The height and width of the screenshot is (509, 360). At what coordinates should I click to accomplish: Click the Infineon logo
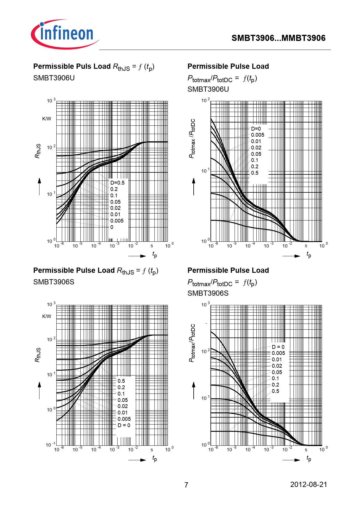(65, 34)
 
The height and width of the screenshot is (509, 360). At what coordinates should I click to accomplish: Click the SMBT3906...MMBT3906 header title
(278, 38)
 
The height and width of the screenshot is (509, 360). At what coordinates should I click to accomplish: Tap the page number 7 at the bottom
(186, 485)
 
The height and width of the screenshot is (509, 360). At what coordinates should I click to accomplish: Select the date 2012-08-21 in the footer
(309, 484)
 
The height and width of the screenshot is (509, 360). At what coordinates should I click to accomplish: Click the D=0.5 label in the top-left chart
(117, 183)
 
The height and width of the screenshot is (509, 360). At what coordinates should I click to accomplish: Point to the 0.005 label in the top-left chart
(117, 221)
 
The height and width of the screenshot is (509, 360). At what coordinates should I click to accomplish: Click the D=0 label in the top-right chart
(256, 129)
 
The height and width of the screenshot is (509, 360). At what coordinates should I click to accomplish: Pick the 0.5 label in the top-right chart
(255, 173)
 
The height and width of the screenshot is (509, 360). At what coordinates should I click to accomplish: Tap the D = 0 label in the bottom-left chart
(124, 425)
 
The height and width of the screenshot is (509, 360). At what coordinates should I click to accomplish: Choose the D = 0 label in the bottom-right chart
(278, 347)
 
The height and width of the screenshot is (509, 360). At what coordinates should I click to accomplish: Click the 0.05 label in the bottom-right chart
(277, 372)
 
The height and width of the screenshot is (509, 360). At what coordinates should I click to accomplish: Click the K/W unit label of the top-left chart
(46, 119)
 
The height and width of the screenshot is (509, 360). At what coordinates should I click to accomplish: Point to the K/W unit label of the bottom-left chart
(46, 316)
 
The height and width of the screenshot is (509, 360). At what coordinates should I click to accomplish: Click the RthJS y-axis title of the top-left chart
(38, 151)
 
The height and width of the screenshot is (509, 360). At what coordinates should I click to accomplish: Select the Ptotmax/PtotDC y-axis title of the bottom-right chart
(192, 343)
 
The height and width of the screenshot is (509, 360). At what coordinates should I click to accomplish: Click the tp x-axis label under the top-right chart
(309, 255)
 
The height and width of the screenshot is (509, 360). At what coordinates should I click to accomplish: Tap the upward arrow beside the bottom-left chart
(39, 390)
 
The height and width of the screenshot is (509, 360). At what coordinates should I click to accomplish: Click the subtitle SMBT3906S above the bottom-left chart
(54, 282)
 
